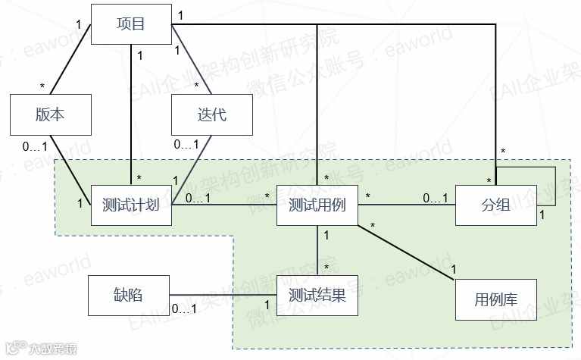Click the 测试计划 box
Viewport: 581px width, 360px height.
[x=131, y=205]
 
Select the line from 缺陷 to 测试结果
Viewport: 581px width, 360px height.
[x=223, y=295]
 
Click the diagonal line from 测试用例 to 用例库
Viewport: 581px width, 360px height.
[x=405, y=252]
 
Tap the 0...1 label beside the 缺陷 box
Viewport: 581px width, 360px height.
[x=185, y=308]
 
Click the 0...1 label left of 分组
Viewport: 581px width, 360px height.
[x=436, y=198]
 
